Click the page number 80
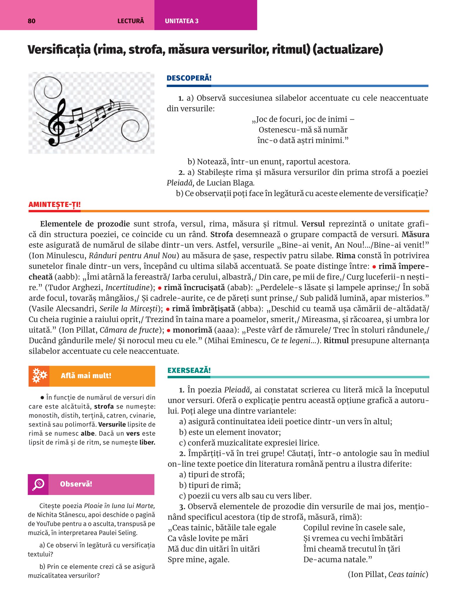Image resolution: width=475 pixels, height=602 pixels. tap(31, 21)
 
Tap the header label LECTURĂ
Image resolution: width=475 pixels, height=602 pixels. tap(131, 21)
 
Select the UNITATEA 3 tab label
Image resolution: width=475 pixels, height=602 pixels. tap(181, 21)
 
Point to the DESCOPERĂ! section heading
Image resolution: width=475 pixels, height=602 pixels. tap(189, 78)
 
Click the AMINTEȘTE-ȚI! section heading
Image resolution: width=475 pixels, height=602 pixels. tap(54, 205)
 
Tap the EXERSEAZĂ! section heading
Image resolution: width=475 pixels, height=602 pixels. tap(189, 370)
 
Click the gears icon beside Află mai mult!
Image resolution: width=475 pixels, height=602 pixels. tap(39, 376)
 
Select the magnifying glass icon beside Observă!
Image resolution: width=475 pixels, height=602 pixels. tap(38, 484)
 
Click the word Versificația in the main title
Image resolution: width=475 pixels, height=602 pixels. tap(59, 49)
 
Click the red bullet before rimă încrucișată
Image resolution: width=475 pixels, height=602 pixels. tap(159, 288)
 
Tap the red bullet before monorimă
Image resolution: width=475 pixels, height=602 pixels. tap(169, 330)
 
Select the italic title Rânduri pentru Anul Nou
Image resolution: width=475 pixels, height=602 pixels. tap(132, 256)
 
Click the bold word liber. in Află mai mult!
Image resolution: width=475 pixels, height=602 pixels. tap(147, 442)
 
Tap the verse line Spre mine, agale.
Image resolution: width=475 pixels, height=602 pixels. tap(199, 559)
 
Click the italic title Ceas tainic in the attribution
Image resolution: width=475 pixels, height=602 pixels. tap(407, 574)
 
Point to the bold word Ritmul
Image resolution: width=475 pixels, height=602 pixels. tap(336, 341)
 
